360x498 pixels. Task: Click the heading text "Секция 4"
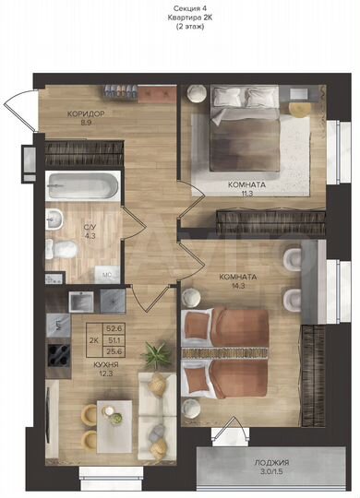pyautogui.click(x=181, y=7)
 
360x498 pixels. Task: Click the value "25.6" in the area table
pyautogui.click(x=114, y=352)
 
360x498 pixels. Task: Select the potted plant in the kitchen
pyautogui.click(x=158, y=352)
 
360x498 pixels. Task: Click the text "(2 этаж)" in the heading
pyautogui.click(x=181, y=28)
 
